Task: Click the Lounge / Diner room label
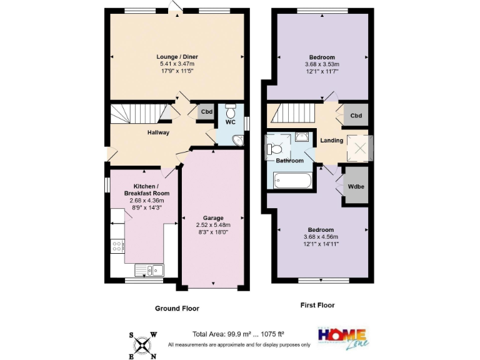[x=176, y=57]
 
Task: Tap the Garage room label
[x=213, y=218]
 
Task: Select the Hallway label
[x=158, y=132]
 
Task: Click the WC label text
[x=230, y=122]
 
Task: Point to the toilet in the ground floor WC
[x=230, y=111]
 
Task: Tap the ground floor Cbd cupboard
[x=206, y=112]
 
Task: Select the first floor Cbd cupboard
[x=356, y=116]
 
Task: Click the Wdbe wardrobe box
[x=356, y=186]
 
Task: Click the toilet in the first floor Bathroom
[x=276, y=149]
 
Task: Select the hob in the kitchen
[x=116, y=246]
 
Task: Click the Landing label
[x=332, y=141]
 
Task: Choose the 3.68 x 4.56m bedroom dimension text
[x=321, y=237]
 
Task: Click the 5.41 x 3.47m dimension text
[x=176, y=64]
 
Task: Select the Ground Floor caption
[x=177, y=308]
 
